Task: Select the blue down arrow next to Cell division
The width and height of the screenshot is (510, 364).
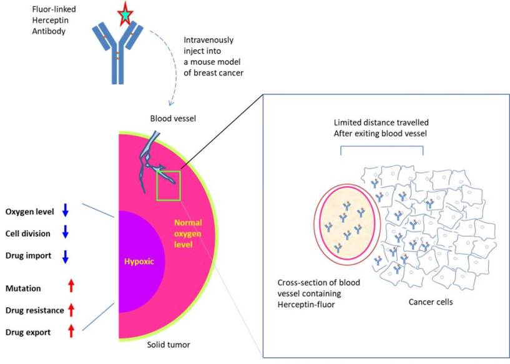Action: tap(66, 233)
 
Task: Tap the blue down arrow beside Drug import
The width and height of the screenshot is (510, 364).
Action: tap(66, 256)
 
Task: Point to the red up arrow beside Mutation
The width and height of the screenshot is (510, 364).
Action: tap(71, 287)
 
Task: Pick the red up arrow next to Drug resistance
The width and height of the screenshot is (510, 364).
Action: tap(71, 309)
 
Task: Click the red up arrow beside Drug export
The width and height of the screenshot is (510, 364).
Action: tap(71, 331)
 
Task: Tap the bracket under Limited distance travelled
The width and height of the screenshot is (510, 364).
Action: tap(381, 148)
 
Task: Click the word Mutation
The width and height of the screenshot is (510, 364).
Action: tap(23, 288)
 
